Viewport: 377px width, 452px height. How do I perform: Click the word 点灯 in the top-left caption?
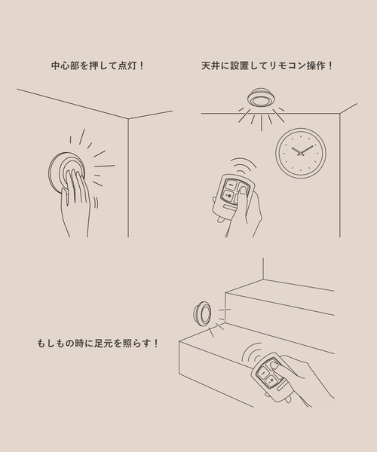124,66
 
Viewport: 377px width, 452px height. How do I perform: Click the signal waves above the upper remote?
243,164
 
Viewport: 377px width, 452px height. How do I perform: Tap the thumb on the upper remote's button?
243,193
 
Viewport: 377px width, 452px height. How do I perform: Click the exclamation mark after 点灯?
142,66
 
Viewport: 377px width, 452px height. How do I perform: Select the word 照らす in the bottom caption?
138,344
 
